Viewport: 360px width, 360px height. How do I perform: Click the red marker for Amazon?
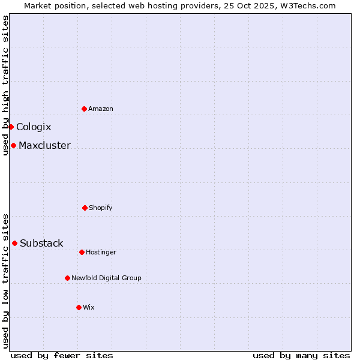pyautogui.click(x=84, y=109)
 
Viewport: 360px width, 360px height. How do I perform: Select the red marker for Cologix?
pyautogui.click(x=11, y=127)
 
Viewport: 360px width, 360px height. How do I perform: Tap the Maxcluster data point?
pyautogui.click(x=13, y=145)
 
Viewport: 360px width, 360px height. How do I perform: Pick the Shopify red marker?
pyautogui.click(x=85, y=208)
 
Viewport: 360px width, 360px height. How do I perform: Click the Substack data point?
pyautogui.click(x=14, y=243)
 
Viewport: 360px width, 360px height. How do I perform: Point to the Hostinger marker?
pyautogui.click(x=82, y=252)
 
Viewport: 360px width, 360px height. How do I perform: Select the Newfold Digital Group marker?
pyautogui.click(x=67, y=278)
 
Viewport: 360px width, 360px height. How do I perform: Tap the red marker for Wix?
pyautogui.click(x=79, y=307)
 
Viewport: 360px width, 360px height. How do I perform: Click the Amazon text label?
pyautogui.click(x=101, y=109)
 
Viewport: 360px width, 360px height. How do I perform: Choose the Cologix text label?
pyautogui.click(x=34, y=127)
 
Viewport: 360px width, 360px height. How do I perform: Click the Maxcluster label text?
pyautogui.click(x=44, y=145)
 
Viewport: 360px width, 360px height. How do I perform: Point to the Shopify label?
pyautogui.click(x=101, y=208)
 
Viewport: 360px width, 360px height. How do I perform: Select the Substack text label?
pyautogui.click(x=41, y=243)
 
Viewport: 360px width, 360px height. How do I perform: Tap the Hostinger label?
pyautogui.click(x=101, y=252)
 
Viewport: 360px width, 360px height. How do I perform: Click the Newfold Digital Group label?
pyautogui.click(x=106, y=278)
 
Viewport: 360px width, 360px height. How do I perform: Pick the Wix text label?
pyautogui.click(x=89, y=307)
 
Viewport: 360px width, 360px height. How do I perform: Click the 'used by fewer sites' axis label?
pyautogui.click(x=62, y=355)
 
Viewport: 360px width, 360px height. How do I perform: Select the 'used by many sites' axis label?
pyautogui.click(x=301, y=355)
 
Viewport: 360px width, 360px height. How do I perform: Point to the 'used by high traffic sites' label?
pyautogui.click(x=5, y=85)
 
